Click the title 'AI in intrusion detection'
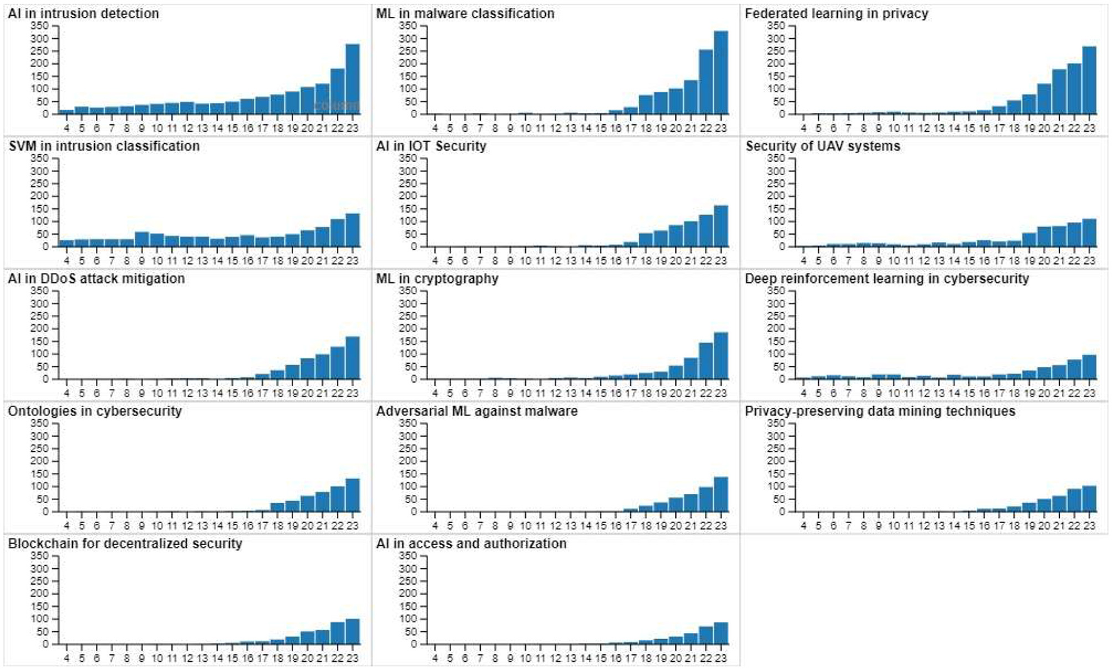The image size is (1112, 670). [x=83, y=13]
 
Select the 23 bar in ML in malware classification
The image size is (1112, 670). [x=721, y=73]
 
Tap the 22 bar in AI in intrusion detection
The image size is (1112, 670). [x=338, y=92]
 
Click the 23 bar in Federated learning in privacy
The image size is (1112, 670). [x=1089, y=80]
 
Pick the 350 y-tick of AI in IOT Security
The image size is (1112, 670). [x=408, y=158]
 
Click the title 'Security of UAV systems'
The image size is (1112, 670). [x=823, y=146]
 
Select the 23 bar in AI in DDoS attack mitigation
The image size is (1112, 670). [x=353, y=358]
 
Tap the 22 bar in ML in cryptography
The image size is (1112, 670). [x=706, y=361]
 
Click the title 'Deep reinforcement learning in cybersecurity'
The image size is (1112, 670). [x=887, y=279]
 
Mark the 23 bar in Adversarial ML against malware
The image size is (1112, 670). [x=721, y=495]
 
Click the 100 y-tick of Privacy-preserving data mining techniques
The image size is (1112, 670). [x=776, y=486]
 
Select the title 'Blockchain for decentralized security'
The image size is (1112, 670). [x=125, y=544]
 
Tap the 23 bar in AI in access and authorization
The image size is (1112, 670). [x=721, y=634]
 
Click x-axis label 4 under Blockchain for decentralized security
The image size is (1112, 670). [x=67, y=658]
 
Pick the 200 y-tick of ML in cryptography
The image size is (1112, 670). [x=408, y=328]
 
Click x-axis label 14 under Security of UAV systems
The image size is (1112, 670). [x=954, y=260]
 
